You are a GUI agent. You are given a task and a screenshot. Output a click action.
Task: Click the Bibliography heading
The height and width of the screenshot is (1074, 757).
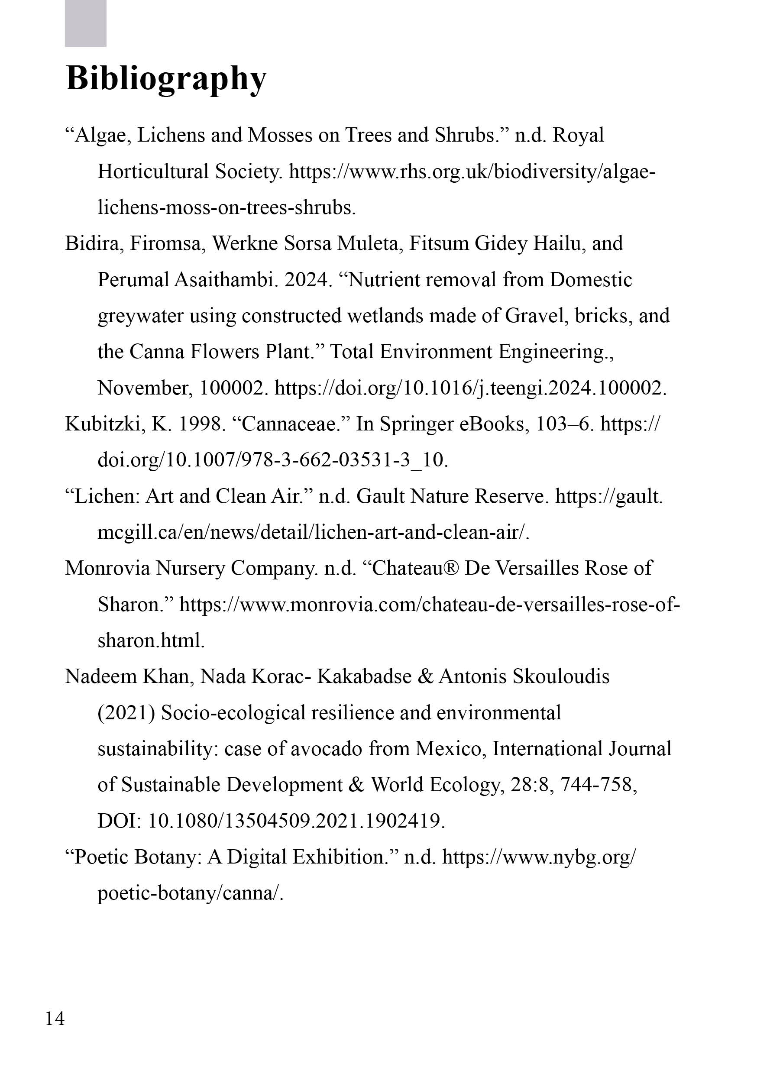[x=166, y=78]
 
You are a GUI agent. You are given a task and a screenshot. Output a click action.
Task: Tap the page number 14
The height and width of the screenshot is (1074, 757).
[x=55, y=1018]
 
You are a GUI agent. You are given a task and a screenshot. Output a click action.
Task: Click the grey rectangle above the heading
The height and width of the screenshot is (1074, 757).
[x=86, y=23]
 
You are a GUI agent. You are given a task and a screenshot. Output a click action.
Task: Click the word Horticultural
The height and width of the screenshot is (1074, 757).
[x=153, y=171]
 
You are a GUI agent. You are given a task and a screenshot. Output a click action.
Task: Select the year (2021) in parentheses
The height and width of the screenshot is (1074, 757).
[x=126, y=713]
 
